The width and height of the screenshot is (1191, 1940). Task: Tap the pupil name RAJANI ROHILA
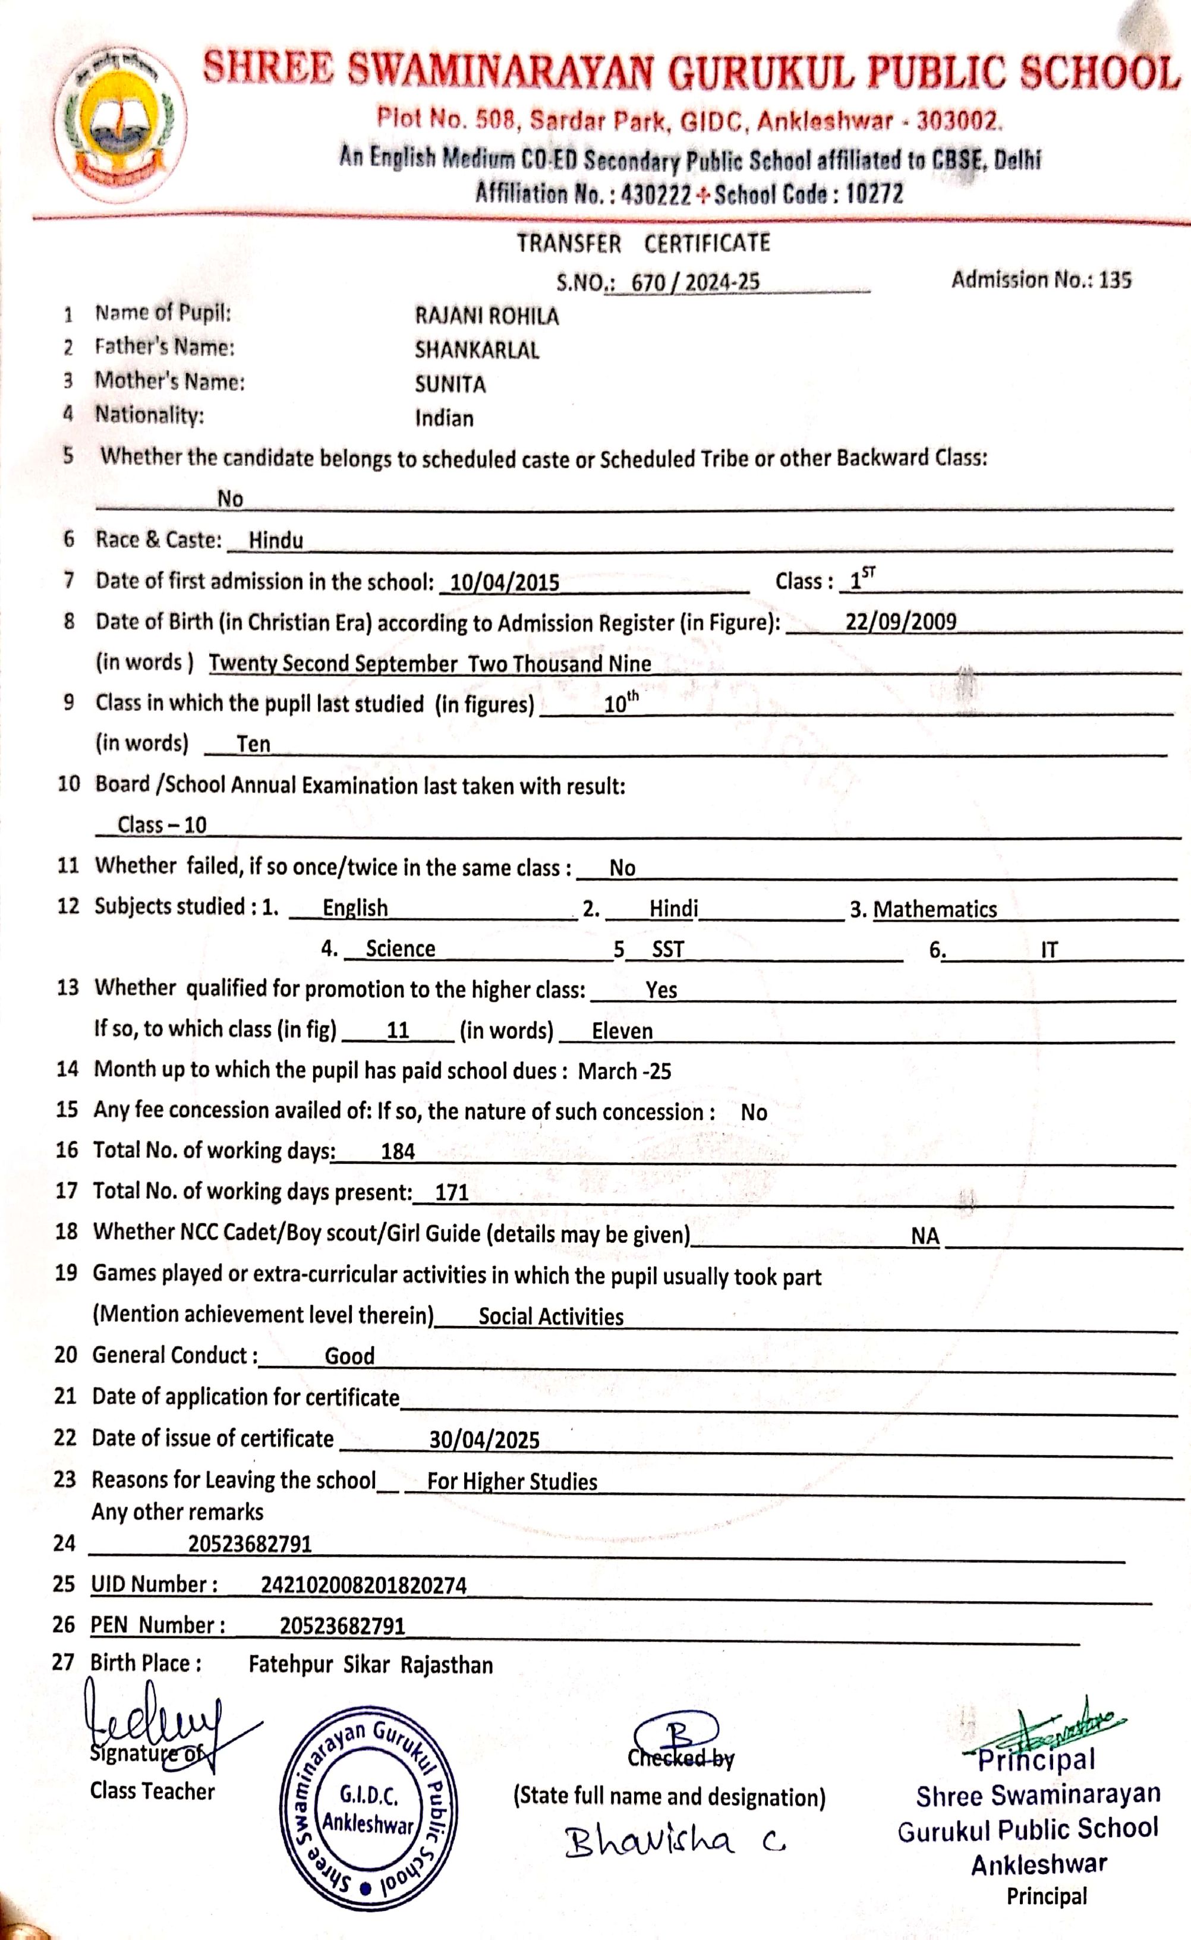tap(487, 317)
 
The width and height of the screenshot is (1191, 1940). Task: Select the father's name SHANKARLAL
tap(477, 351)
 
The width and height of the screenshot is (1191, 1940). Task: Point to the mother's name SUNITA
tap(450, 385)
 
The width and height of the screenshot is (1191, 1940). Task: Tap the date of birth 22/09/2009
tap(901, 622)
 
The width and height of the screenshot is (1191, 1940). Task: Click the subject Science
tap(400, 949)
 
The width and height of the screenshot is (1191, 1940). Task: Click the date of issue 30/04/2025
tap(484, 1441)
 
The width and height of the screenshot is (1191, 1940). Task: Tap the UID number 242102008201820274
tap(364, 1585)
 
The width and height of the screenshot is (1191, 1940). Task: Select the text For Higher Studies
tap(512, 1482)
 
